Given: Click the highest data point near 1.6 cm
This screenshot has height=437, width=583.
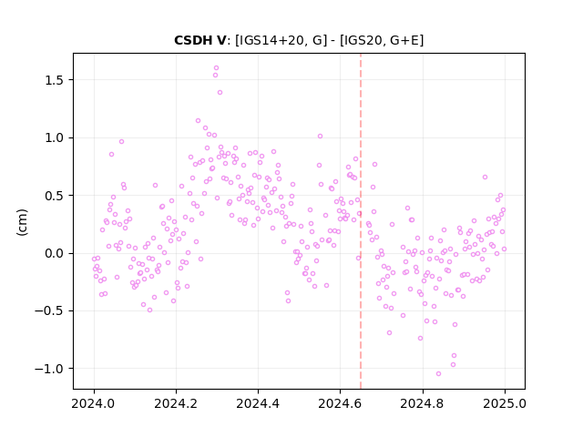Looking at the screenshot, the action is coord(217,68).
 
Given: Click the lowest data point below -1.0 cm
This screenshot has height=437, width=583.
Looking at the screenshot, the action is coord(439,374).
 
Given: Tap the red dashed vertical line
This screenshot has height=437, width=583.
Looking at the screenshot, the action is coord(361,221).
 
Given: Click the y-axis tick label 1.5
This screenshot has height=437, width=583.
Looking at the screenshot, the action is coord(55,80).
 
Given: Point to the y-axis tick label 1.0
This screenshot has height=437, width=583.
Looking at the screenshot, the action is coord(55,137).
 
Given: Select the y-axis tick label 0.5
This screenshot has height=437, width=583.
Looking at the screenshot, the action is coord(55,196).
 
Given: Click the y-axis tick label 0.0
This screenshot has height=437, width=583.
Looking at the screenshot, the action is coord(55,253).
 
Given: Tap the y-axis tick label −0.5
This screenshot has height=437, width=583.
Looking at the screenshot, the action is coord(49,311).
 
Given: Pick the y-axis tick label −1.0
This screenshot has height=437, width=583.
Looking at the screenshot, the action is coord(49,369).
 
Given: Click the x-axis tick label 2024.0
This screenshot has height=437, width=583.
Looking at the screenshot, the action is coord(94,403).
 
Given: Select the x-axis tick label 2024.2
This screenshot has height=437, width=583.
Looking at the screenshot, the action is coord(176,403).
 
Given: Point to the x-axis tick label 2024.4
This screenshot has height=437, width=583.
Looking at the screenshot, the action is coord(258,403).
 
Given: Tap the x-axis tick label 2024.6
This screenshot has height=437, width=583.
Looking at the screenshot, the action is coord(340,403).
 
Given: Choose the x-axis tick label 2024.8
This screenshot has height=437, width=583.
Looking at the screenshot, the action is coord(422,403).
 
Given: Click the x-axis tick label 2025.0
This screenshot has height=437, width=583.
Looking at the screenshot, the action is coord(505,403).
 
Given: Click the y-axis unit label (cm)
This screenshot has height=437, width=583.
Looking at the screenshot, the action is coord(22,222).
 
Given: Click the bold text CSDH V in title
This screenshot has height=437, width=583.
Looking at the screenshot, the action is coord(200,40).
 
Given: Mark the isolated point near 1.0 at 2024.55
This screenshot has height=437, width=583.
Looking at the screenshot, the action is coord(320,137).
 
